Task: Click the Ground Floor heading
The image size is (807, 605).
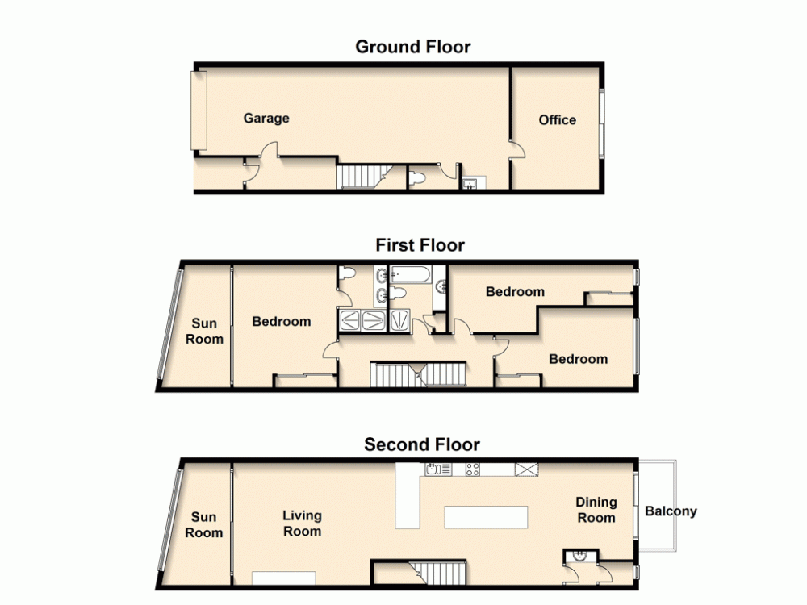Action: coord(413,47)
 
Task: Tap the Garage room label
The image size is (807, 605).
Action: coord(266,119)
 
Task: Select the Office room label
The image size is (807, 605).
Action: coord(558,120)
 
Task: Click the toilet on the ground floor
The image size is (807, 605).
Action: coord(416,178)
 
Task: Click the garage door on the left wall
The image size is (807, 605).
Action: coord(199,111)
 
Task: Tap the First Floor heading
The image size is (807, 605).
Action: coord(420,245)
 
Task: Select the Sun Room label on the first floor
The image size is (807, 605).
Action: coord(204,332)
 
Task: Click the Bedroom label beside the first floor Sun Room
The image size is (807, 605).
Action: coord(282,322)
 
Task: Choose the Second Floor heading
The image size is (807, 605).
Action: coord(421,444)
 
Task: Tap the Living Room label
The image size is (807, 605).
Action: coord(302,523)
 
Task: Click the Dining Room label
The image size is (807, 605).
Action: coord(596,510)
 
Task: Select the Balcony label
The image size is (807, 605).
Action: coord(671,511)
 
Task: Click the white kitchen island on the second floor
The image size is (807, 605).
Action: coord(486,516)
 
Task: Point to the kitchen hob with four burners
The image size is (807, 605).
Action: coord(473,469)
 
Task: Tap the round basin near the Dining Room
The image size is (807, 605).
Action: coord(580,556)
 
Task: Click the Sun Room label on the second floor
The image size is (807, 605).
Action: coord(203,525)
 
